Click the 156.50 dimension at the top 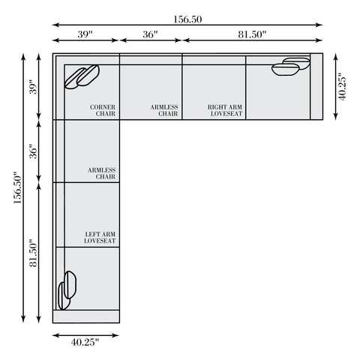tap(187, 19)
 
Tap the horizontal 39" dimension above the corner tap(85, 34)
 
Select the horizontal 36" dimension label tap(150, 34)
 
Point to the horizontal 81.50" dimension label tap(252, 34)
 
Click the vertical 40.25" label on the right tap(342, 86)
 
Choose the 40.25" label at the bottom tap(85, 342)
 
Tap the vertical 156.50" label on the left tap(17, 187)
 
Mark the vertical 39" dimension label tap(33, 87)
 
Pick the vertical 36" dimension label tap(33, 151)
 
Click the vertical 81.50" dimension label tap(33, 253)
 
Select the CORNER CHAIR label tap(103, 110)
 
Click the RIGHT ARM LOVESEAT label tap(225, 110)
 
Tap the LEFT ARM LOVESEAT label tap(100, 238)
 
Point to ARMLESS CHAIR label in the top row tap(164, 110)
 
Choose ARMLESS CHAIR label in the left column tap(101, 173)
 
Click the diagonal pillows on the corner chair tap(82, 76)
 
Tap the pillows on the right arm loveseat tap(291, 66)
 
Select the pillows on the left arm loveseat tap(67, 290)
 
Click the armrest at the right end tap(316, 86)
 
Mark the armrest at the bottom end tap(86, 316)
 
